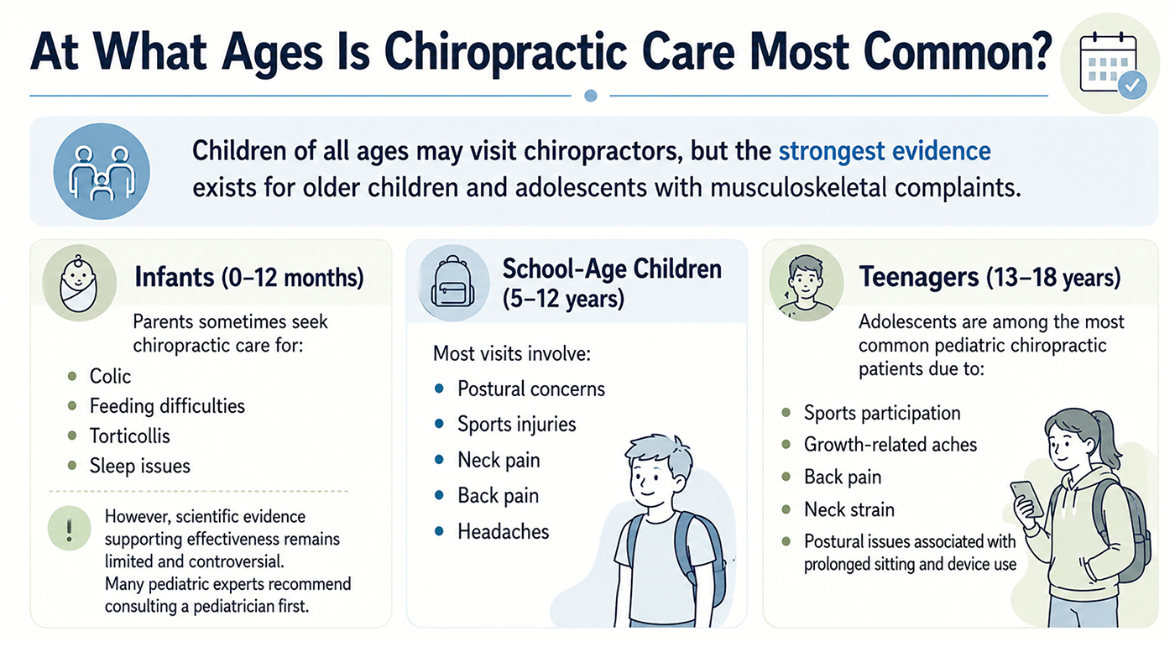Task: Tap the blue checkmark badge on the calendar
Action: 1131,85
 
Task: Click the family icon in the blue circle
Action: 102,171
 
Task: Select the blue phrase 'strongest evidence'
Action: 885,151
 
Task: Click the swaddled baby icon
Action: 79,283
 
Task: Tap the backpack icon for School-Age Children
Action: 452,283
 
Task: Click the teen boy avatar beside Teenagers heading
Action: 807,284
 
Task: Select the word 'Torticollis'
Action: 129,436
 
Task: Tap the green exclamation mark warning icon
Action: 69,528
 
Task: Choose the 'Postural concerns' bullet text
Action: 530,389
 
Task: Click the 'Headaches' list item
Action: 503,532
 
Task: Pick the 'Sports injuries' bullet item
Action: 517,424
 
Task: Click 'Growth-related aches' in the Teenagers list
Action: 890,445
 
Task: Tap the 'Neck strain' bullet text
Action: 849,509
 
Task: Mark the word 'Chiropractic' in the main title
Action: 505,53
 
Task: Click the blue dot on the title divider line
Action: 591,96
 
